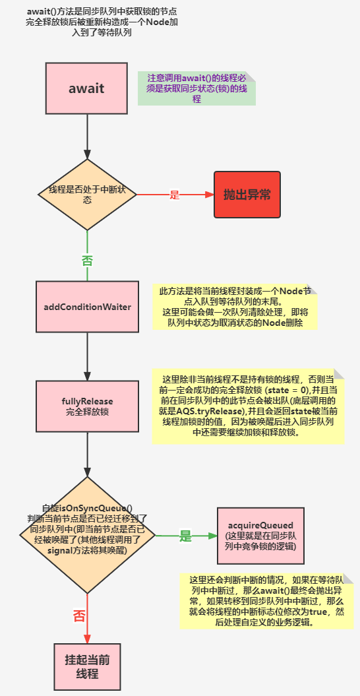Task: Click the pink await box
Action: click(87, 88)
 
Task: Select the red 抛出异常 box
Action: click(247, 195)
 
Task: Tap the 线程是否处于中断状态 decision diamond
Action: click(87, 195)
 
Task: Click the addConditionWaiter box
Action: click(87, 307)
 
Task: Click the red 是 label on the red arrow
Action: click(175, 195)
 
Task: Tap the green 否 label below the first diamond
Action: click(87, 259)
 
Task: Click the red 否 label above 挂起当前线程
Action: click(79, 616)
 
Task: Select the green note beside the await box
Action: click(196, 88)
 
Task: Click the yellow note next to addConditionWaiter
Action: click(235, 307)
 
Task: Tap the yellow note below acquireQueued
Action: click(266, 600)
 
